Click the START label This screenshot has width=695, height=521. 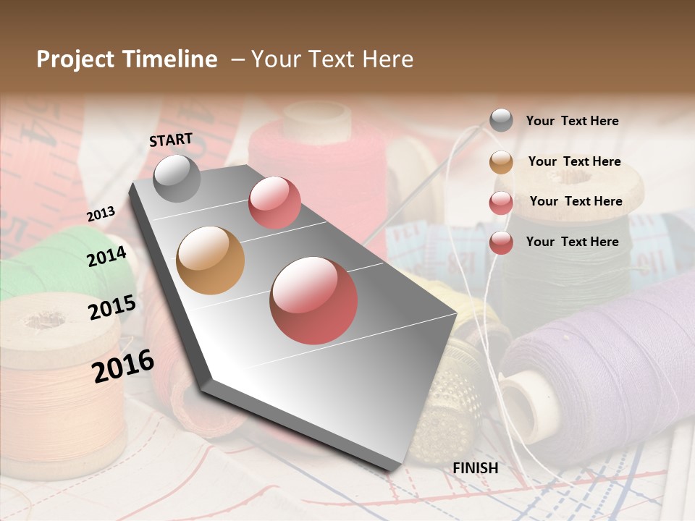(171, 140)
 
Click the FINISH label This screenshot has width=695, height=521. (476, 468)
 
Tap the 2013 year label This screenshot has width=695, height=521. (101, 214)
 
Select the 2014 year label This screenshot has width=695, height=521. (107, 256)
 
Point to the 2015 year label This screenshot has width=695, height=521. (112, 308)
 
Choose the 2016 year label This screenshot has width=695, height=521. (124, 365)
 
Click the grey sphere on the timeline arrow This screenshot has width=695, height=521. (177, 178)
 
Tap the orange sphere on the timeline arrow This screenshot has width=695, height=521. (210, 260)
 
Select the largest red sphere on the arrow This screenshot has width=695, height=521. (313, 300)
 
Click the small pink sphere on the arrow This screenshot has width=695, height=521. (274, 203)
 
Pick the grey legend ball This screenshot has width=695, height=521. (501, 121)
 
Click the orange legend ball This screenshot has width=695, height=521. (501, 162)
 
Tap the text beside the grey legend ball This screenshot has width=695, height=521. (572, 121)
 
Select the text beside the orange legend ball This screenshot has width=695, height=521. (574, 161)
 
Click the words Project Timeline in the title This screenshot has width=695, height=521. (127, 59)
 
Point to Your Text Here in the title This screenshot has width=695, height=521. (332, 59)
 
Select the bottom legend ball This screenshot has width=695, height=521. (501, 242)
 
